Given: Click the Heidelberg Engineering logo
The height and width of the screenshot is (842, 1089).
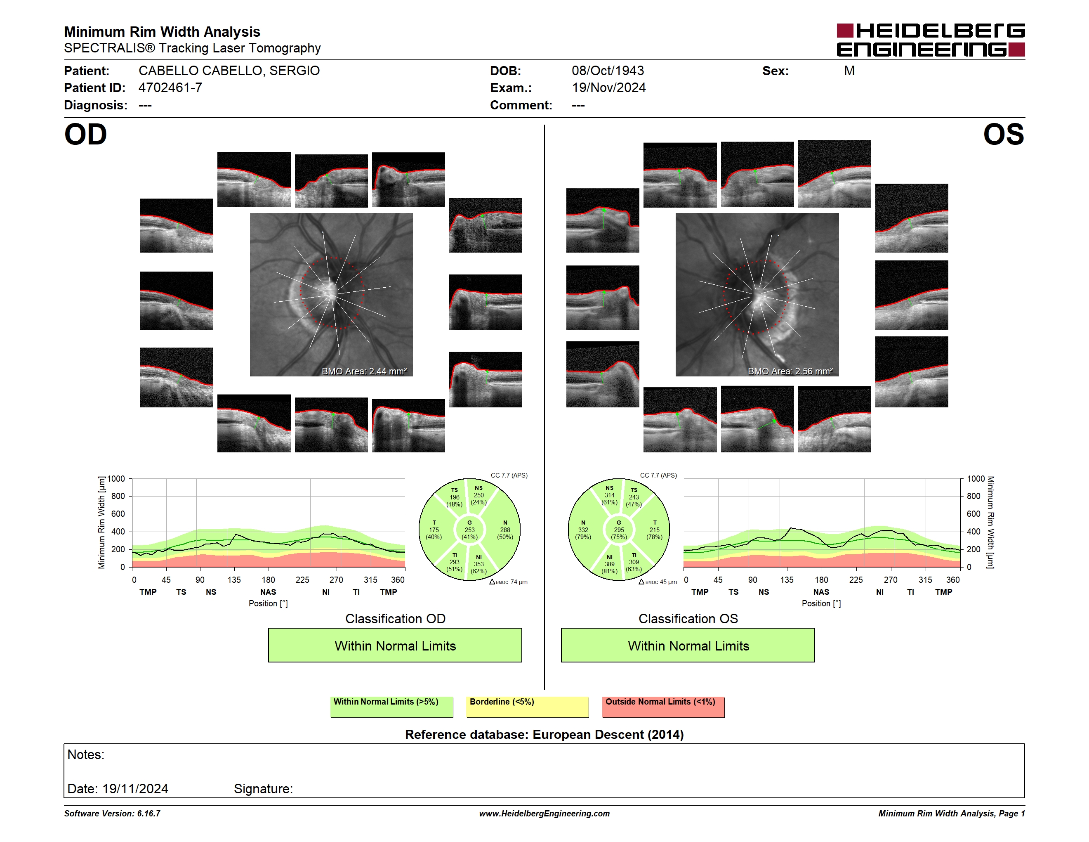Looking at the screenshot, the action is tap(931, 40).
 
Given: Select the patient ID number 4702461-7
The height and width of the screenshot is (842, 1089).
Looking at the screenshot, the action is tap(170, 88).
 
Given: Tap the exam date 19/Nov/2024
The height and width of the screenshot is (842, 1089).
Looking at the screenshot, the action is tap(609, 88).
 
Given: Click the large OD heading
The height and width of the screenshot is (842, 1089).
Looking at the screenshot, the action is tap(86, 135).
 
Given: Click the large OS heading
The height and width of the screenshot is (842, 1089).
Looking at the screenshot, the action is tap(1003, 135).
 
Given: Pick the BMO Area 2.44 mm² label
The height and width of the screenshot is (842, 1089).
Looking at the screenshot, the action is tap(364, 371).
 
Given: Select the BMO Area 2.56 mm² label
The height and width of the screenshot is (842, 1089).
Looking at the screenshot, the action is tap(790, 371).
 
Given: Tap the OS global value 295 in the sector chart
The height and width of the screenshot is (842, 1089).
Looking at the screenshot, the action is tap(619, 530).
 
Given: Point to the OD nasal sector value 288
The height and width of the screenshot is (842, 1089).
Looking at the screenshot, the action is tap(505, 530).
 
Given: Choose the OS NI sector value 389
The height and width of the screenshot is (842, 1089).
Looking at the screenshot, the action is tap(609, 564).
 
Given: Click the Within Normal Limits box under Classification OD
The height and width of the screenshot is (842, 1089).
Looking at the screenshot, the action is tap(395, 646).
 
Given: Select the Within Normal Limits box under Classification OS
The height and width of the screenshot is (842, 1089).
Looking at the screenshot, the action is tap(688, 646).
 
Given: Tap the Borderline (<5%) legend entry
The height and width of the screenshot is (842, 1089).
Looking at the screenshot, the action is tap(528, 707).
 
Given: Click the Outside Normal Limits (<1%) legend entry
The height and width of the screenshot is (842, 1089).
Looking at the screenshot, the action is tap(664, 707).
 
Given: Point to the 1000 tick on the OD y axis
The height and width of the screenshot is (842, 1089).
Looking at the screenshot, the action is tap(116, 479).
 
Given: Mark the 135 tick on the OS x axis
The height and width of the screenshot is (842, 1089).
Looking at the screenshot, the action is tap(787, 579).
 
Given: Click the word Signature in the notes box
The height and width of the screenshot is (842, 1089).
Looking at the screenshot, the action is tap(263, 789).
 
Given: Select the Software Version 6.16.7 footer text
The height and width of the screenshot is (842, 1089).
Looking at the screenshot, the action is tap(112, 814).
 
